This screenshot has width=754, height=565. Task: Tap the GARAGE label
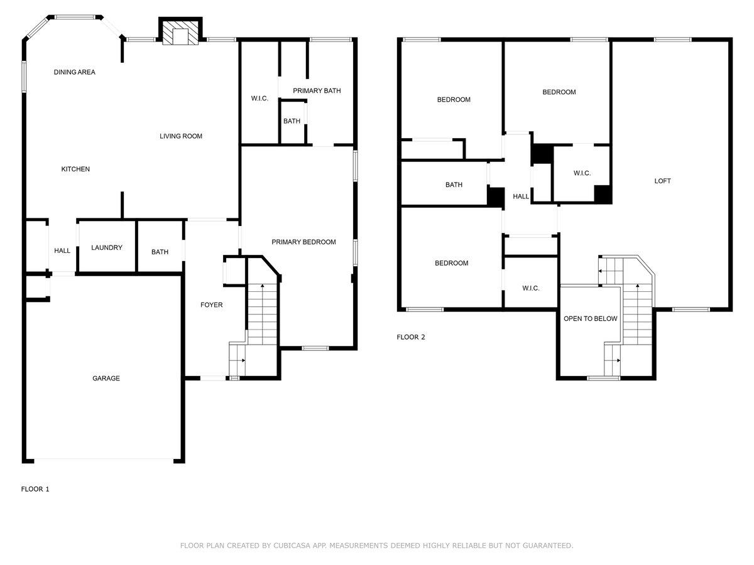click(106, 379)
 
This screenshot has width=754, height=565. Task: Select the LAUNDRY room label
click(107, 248)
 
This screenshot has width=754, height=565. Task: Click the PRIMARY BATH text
click(317, 91)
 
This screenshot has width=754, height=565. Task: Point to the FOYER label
click(212, 305)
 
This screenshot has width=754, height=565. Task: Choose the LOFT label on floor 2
click(662, 181)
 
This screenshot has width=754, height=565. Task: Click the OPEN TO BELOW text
click(590, 319)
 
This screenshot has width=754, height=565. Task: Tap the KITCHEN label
click(75, 169)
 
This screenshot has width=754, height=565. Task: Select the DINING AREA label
click(74, 72)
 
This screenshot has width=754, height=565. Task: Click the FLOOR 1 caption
click(35, 489)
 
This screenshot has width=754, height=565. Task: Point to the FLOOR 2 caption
click(411, 337)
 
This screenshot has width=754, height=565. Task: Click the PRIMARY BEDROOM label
click(303, 242)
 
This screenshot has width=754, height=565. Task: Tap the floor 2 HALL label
click(521, 196)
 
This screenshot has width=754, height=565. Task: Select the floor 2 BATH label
click(454, 185)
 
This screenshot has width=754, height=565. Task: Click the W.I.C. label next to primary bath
click(260, 99)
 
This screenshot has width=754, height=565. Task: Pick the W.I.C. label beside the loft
click(582, 173)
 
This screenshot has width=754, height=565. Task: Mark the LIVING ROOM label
click(181, 136)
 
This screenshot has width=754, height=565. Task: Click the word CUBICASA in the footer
click(293, 546)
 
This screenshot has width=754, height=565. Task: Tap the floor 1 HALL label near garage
click(62, 251)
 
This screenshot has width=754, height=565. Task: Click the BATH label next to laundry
click(160, 252)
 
